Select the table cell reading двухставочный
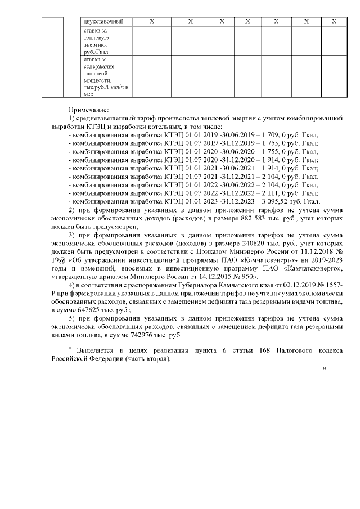pos(102,21)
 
